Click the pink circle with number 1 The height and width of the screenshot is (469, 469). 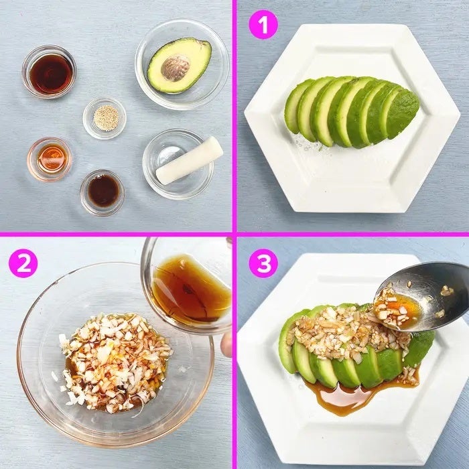pyautogui.click(x=263, y=25)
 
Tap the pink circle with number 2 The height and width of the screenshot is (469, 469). pyautogui.click(x=23, y=263)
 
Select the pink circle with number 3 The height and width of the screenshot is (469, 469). pyautogui.click(x=263, y=263)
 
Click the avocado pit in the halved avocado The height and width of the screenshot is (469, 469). pyautogui.click(x=176, y=68)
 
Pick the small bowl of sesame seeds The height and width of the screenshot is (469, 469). pyautogui.click(x=105, y=119)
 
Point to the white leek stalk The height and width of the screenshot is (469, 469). pyautogui.click(x=190, y=161)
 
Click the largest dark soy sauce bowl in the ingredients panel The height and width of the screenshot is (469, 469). pyautogui.click(x=49, y=72)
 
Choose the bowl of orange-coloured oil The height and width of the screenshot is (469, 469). pyautogui.click(x=50, y=159)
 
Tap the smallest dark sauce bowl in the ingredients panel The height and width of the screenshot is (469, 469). pyautogui.click(x=103, y=193)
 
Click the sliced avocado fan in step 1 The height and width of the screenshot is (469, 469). pyautogui.click(x=352, y=111)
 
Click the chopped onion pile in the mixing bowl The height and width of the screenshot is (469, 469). pyautogui.click(x=115, y=362)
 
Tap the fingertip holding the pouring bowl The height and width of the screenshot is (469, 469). pyautogui.click(x=226, y=345)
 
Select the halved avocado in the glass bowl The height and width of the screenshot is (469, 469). pyautogui.click(x=180, y=65)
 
